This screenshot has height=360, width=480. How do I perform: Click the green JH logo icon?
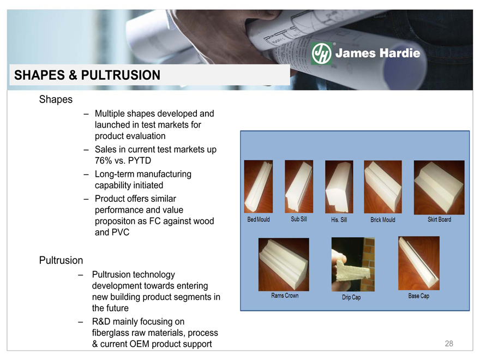pos(321,53)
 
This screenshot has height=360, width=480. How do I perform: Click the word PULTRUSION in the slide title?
pos(121,75)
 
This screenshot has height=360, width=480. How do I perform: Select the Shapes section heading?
pos(56,99)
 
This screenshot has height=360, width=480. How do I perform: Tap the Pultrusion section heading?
pos(61,260)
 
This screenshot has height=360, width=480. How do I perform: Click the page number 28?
pos(449,344)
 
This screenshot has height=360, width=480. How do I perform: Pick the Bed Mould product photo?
pos(259,187)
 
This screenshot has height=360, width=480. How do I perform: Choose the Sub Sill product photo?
pos(299,187)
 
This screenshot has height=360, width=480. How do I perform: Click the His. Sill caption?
pos(339,219)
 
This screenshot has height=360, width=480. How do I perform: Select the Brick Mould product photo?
pos(383,187)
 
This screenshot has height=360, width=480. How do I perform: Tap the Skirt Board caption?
pos(439,219)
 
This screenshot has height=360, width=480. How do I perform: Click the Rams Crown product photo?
pos(284,265)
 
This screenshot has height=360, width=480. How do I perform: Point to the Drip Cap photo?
pos(353,265)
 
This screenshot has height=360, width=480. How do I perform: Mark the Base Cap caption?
pos(418,296)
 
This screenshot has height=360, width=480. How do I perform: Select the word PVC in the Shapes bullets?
pos(121,232)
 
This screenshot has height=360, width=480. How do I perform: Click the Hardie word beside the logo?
pos(399,53)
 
